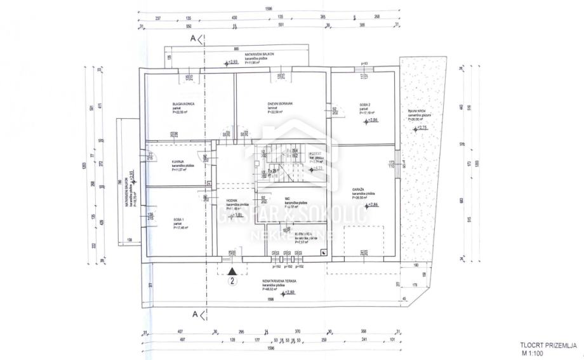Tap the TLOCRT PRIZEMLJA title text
(548, 344)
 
